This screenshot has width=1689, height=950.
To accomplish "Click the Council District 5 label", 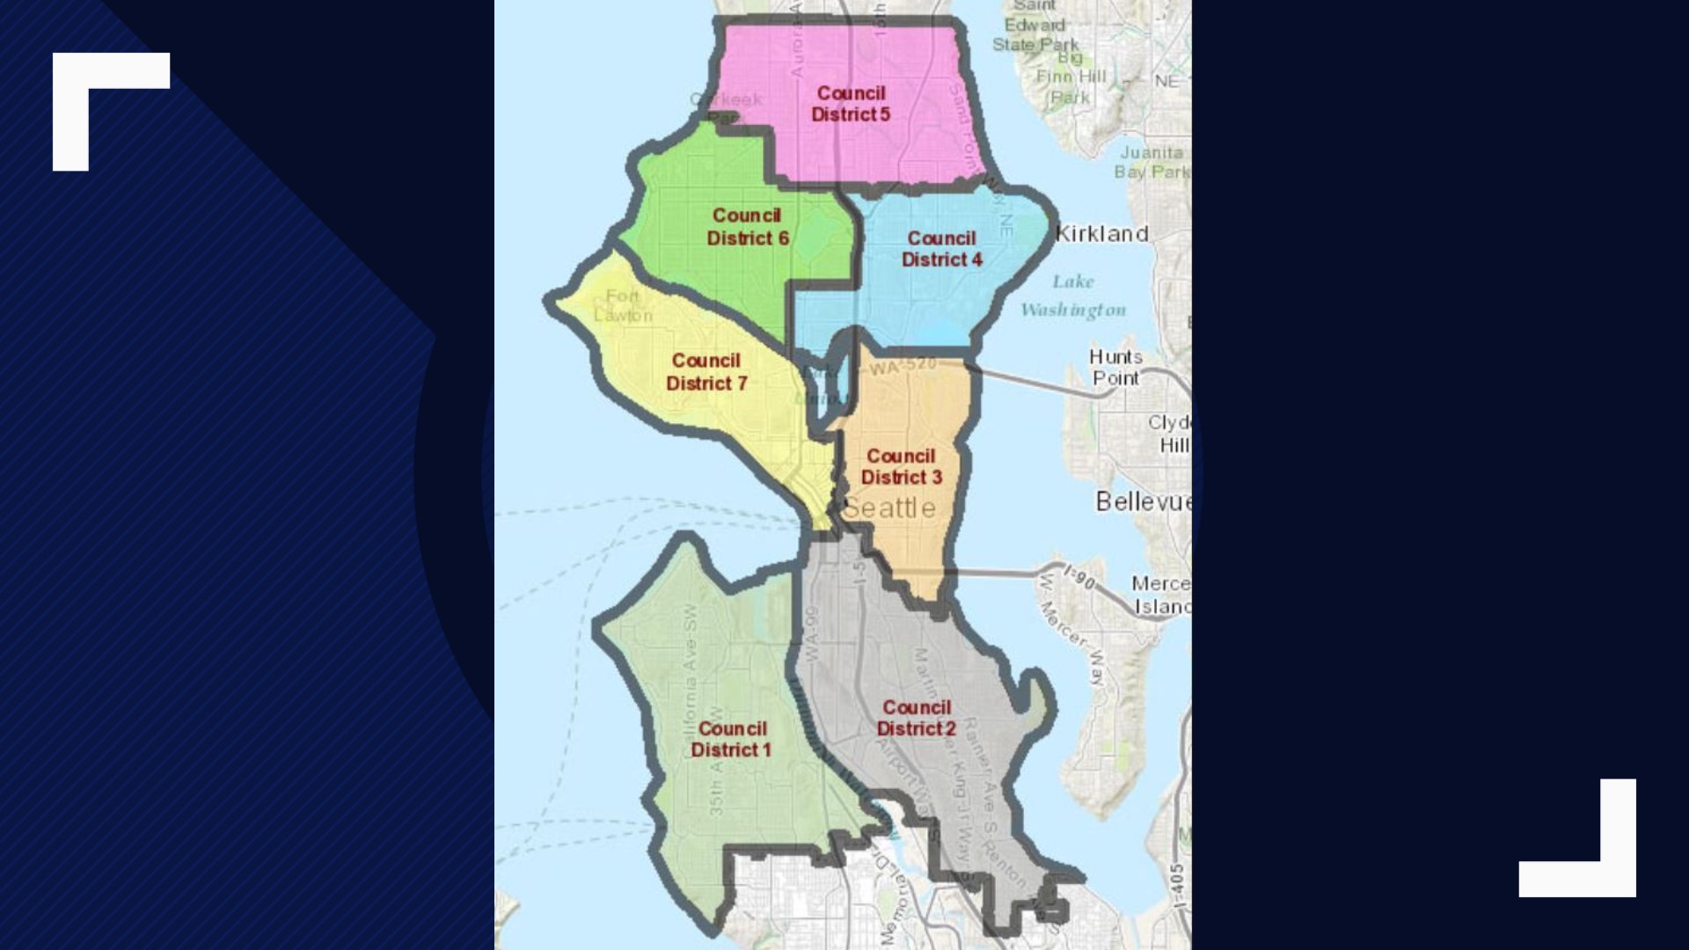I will click(x=851, y=104).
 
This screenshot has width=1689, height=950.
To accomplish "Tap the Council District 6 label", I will click(x=748, y=227).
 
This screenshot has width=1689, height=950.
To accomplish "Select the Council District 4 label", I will click(x=942, y=249).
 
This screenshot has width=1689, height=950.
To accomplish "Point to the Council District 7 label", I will click(x=706, y=372).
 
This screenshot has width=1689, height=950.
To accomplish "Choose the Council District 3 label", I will click(x=902, y=467).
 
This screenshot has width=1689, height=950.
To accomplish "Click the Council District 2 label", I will click(x=917, y=718).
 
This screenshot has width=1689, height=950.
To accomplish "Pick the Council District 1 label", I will click(x=732, y=739).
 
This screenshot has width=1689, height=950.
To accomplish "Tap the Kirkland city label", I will click(x=1102, y=234).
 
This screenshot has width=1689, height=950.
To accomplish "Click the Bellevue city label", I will click(x=1143, y=501).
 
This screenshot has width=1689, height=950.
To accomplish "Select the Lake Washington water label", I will click(x=1073, y=296).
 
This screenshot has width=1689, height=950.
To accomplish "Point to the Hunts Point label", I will click(x=1115, y=368).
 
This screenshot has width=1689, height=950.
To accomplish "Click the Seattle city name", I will click(x=889, y=508).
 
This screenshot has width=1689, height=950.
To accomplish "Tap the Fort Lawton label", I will click(x=623, y=306).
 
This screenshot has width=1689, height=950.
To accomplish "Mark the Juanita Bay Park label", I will click(x=1152, y=163).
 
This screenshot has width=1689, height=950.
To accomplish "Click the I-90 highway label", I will click(x=1080, y=577).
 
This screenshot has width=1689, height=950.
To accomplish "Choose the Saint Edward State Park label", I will click(x=1035, y=26).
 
